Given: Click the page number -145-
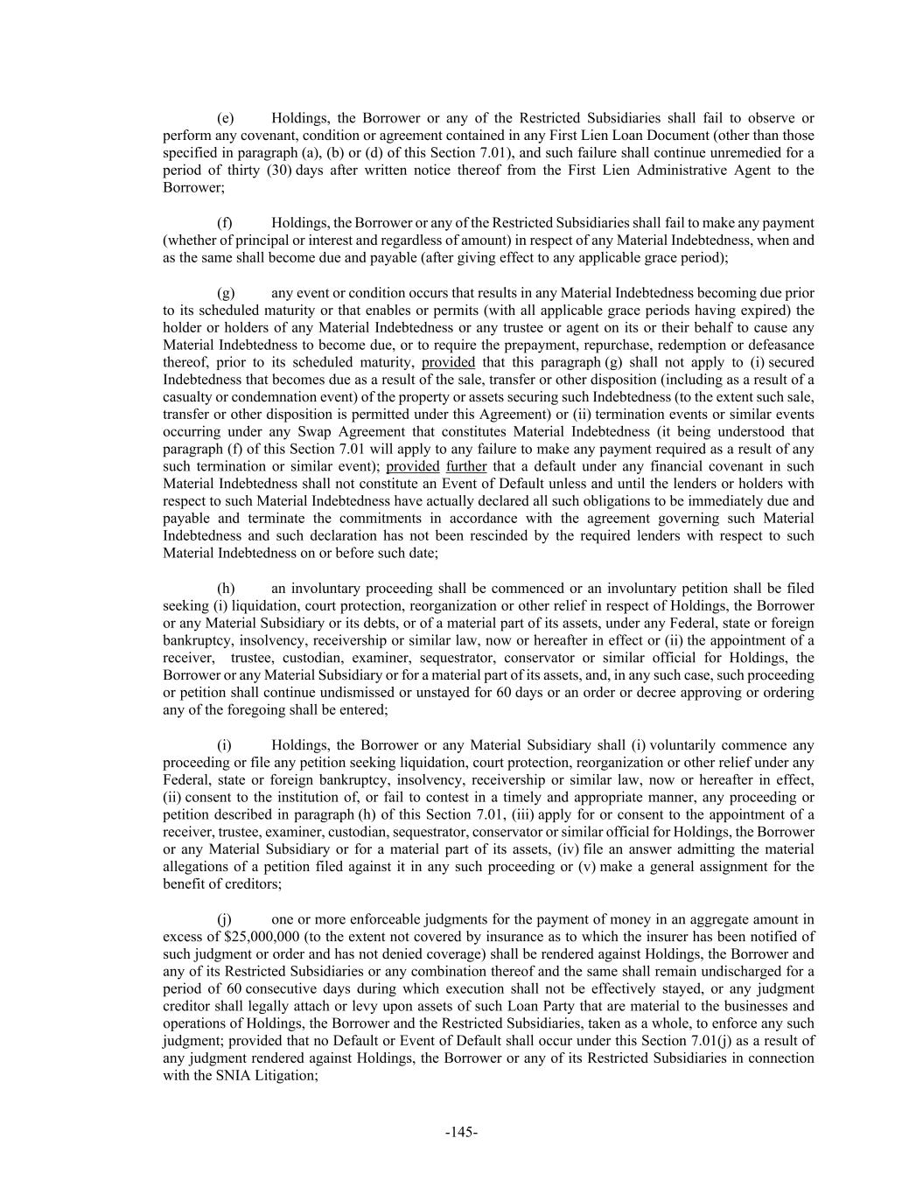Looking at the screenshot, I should pyautogui.click(x=461, y=1132).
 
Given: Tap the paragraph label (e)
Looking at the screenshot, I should pyautogui.click(x=226, y=118).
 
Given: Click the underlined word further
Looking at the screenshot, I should pyautogui.click(x=466, y=466).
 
